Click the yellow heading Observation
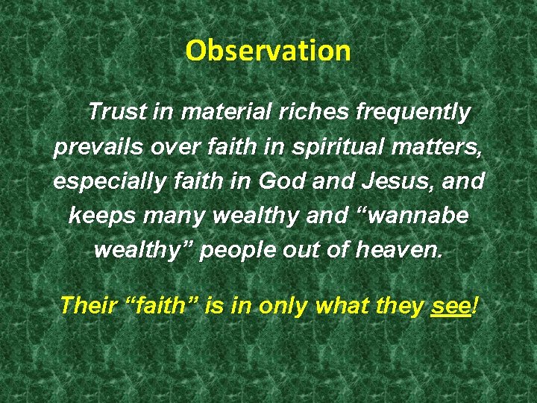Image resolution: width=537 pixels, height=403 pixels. click(268, 51)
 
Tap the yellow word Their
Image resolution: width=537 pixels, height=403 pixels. click(85, 305)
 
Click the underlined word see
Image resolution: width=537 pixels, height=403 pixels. click(450, 306)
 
